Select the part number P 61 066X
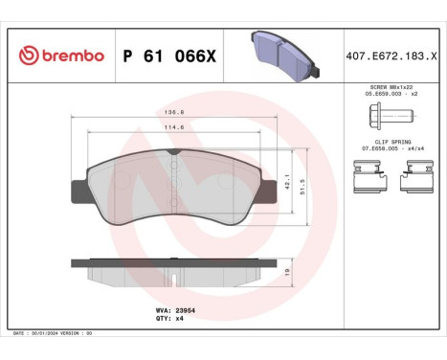[x=168, y=56]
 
